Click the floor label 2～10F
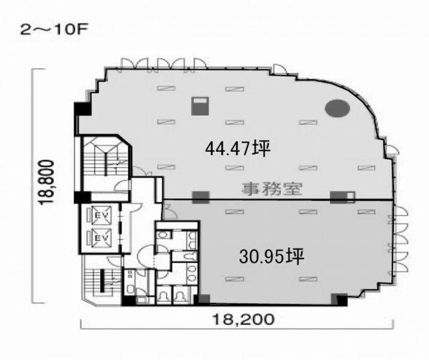pos(54,30)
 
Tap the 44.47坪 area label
pos(238,149)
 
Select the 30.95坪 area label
pos(272,256)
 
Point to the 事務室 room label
pos(272,189)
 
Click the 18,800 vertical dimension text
pos(46,182)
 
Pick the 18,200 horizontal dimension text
pos(243,319)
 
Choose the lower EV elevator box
pos(102,238)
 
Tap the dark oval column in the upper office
pos(337,108)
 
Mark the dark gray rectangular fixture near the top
pos(200,106)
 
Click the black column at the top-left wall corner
pos(83,109)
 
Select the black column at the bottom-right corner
pos(342,301)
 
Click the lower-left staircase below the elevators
pos(102,282)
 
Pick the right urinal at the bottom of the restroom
pos(180,295)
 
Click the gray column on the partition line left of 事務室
pos(201,197)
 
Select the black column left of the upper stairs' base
pos(82,197)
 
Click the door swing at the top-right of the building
pos(280,70)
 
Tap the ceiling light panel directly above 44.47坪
pos(235,122)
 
